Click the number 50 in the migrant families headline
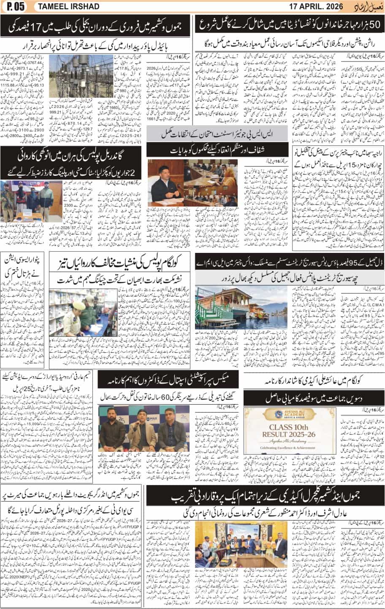(x=374, y=24)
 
